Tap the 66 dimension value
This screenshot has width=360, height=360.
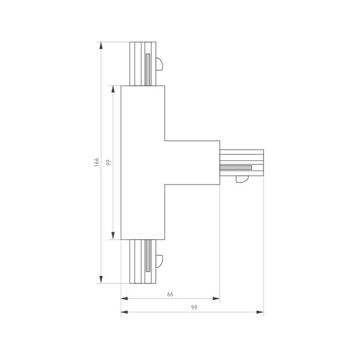[170, 294]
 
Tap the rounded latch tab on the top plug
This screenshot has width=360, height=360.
[160, 64]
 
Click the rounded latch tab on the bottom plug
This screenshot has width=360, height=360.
[160, 260]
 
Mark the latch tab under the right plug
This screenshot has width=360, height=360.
[241, 181]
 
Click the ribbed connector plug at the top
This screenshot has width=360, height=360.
[141, 64]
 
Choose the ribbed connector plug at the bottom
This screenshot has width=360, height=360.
[141, 261]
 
